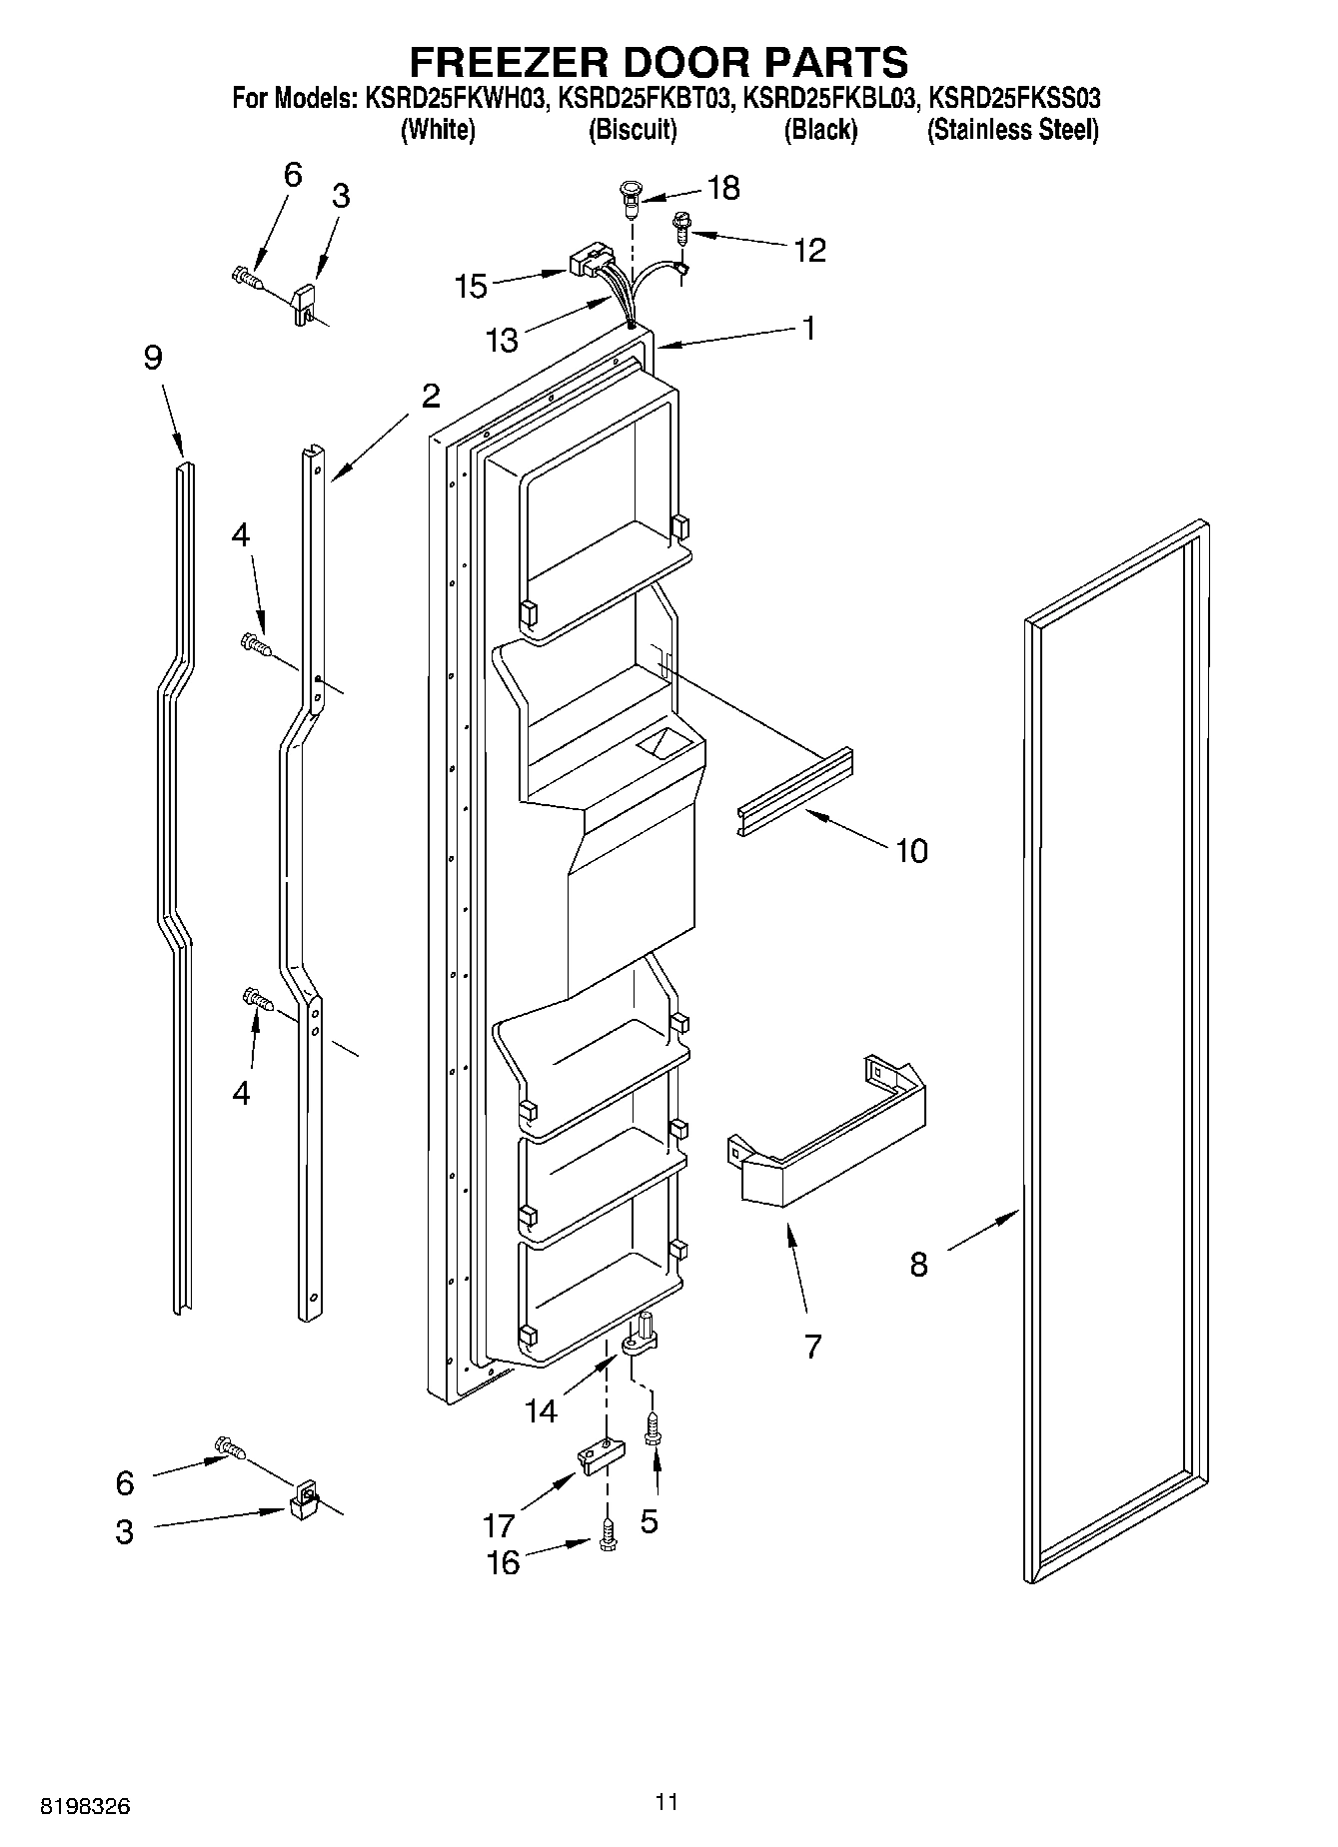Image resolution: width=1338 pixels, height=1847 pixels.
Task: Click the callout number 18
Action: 723,188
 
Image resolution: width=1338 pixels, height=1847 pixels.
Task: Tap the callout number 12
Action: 809,251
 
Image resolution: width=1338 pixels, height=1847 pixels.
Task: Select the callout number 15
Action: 470,286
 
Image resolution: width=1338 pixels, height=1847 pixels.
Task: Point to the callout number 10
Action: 910,851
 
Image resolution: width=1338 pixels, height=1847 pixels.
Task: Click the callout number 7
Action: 812,1347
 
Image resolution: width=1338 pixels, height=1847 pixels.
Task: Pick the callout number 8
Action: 918,1265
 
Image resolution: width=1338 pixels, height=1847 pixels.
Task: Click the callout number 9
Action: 152,358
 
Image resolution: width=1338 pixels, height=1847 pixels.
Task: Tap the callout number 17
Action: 499,1525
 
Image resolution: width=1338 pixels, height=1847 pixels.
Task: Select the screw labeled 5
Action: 654,1430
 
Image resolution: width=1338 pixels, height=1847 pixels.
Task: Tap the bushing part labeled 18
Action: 630,197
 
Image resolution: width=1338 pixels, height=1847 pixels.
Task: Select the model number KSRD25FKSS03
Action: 1014,98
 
